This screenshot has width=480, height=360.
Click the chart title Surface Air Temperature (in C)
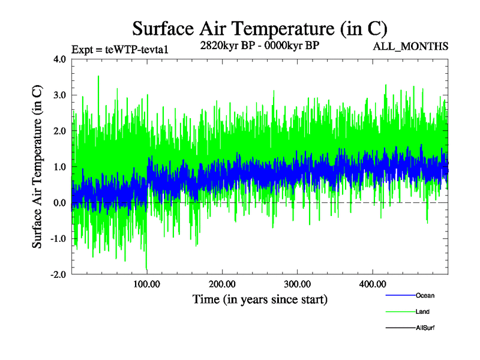coord(259,28)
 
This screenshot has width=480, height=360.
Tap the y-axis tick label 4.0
coord(60,59)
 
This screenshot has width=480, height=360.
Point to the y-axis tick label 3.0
coord(60,95)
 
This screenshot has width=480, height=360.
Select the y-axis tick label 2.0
coord(60,131)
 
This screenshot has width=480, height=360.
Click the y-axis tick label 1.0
coord(60,167)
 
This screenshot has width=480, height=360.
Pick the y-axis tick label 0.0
coord(60,203)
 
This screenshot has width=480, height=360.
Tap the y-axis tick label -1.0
coord(59,238)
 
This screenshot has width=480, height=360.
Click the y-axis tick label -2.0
coord(59,274)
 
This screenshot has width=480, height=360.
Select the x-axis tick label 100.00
coord(146,284)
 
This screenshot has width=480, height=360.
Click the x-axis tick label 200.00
coord(221,284)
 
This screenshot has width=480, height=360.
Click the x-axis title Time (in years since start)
coord(260,299)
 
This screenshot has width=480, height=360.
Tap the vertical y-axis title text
coord(37,167)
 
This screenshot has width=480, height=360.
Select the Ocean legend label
coord(425,296)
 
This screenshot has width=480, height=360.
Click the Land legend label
coord(422,312)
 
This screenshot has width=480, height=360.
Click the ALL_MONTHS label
coord(410,46)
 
